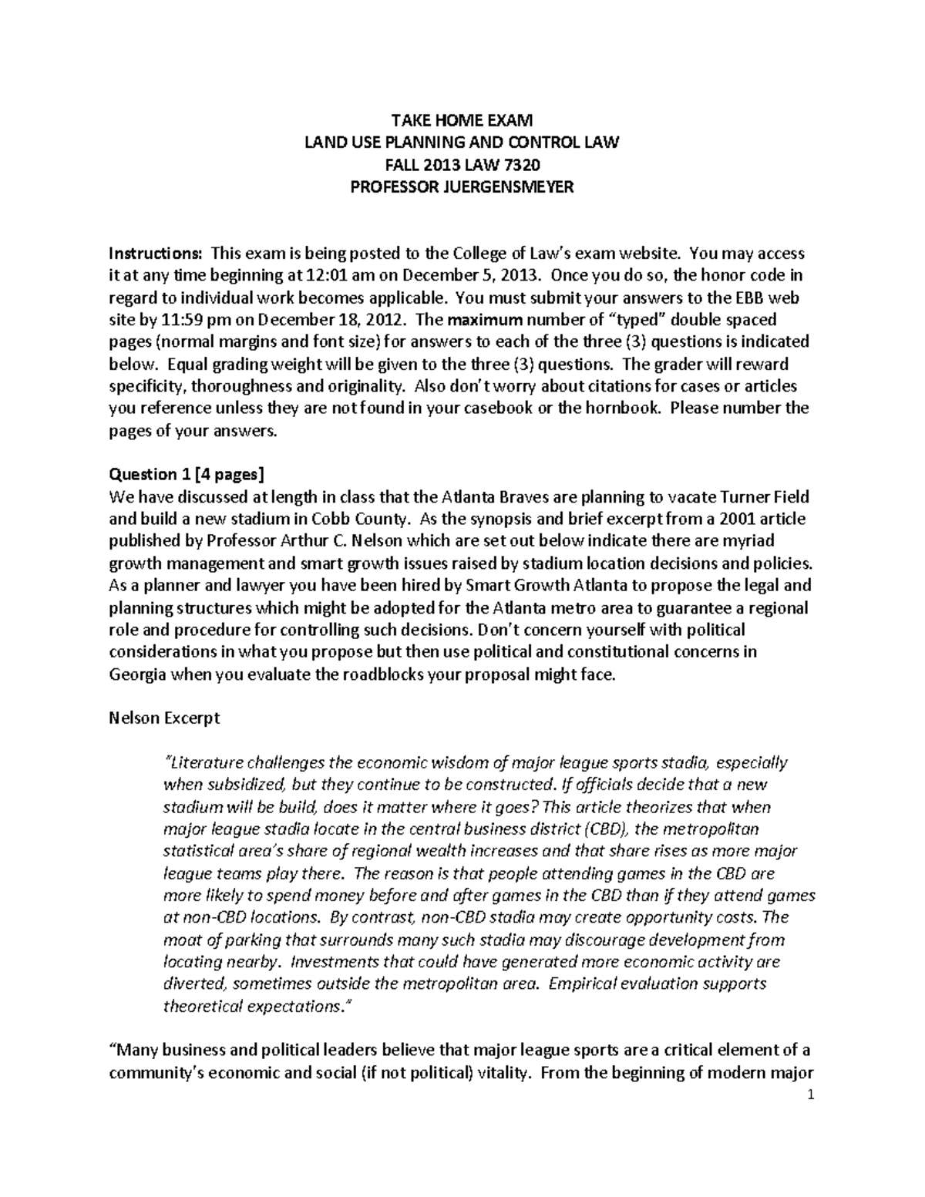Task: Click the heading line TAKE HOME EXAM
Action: [462, 120]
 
